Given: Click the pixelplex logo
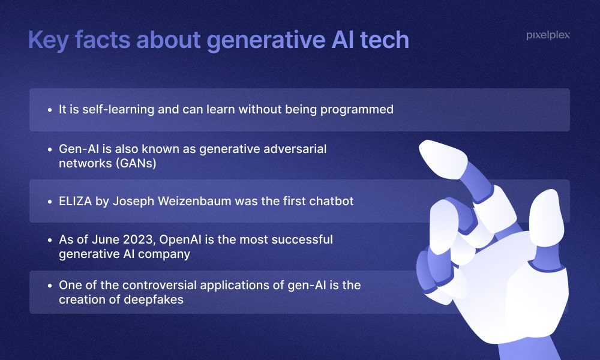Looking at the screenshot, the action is tap(548, 35).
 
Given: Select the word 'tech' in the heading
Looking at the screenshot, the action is tap(385, 40).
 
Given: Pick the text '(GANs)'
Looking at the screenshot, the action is tap(136, 163).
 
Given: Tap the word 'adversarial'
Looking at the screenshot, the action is tap(295, 148).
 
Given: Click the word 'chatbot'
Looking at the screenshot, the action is tap(331, 201).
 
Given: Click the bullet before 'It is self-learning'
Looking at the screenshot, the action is tap(50, 110).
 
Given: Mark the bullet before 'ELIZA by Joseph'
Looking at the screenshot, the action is tap(50, 202).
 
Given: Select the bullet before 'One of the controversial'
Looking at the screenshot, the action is tap(50, 286).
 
